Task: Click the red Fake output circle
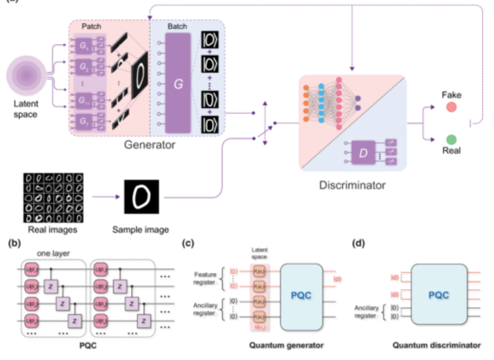451,108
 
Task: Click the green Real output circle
451,139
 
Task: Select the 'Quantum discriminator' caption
436,346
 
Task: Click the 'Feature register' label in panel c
204,279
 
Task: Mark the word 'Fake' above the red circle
451,95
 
